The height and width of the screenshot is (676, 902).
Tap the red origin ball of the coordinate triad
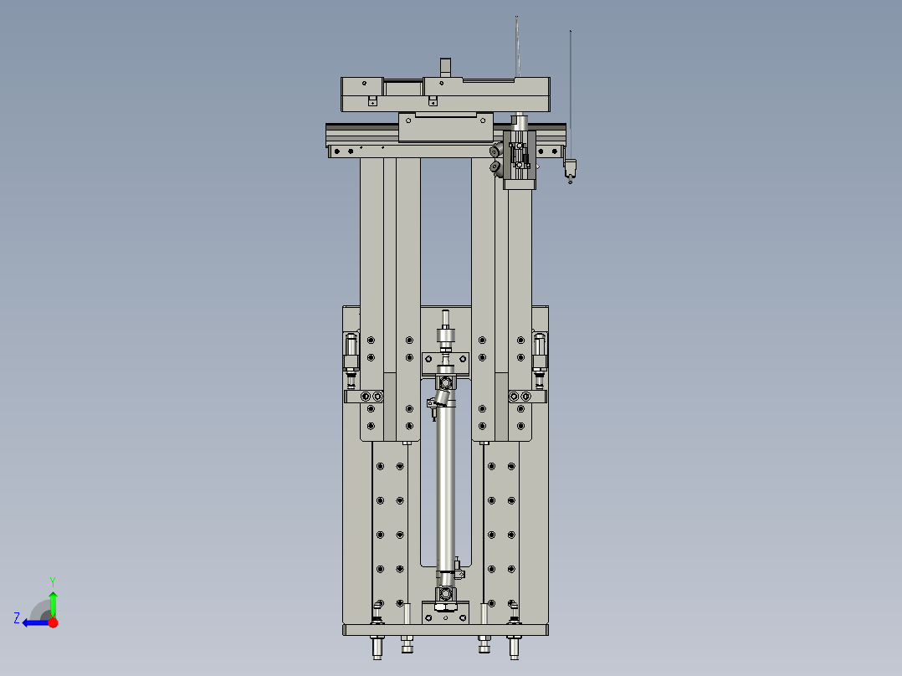[x=53, y=622]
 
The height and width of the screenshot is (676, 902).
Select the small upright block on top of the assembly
[x=445, y=67]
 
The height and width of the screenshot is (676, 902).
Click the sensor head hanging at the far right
[x=571, y=168]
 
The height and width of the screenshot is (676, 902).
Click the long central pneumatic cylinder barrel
[x=445, y=485]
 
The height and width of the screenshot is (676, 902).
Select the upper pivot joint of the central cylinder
[x=445, y=383]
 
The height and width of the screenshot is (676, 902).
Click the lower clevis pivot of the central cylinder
[x=446, y=593]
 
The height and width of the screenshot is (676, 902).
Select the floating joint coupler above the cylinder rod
[x=445, y=339]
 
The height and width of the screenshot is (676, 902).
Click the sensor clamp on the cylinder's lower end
[x=459, y=570]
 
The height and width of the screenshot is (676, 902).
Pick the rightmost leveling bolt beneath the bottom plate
[x=514, y=646]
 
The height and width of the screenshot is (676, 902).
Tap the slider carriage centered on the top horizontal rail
[x=445, y=127]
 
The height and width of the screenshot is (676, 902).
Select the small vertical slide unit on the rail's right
[x=520, y=155]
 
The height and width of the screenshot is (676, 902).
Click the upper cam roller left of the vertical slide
[x=496, y=151]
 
